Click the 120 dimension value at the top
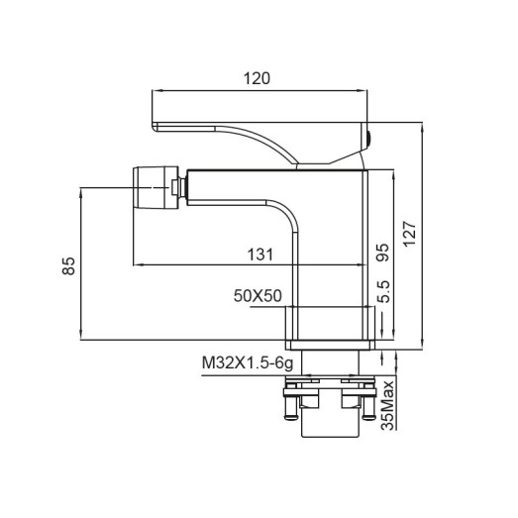pyautogui.click(x=259, y=77)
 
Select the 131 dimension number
pyautogui.click(x=260, y=254)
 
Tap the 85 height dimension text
pyautogui.click(x=68, y=264)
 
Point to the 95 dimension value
pyautogui.click(x=383, y=254)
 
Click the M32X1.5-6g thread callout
pyautogui.click(x=244, y=363)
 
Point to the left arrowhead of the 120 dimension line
pyautogui.click(x=154, y=90)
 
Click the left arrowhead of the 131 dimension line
pyautogui.click(x=138, y=265)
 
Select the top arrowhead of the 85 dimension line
pyautogui.click(x=78, y=189)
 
